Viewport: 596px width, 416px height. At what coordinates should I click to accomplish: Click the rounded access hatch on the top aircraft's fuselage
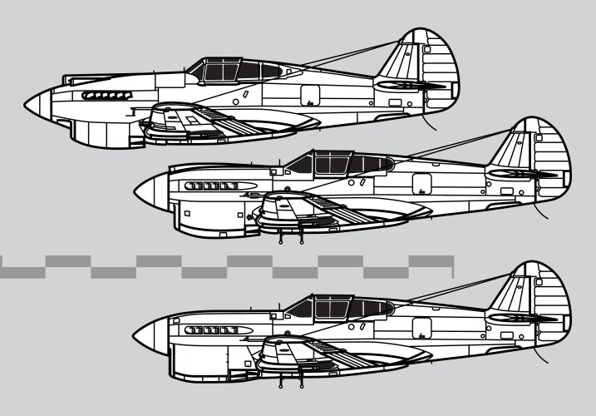(x=309, y=95)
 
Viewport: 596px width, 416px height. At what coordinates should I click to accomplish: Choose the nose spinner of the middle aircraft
(x=146, y=189)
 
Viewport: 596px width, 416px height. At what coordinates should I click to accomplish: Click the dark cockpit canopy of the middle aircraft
(x=341, y=161)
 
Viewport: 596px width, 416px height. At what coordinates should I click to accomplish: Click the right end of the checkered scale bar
(x=452, y=266)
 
